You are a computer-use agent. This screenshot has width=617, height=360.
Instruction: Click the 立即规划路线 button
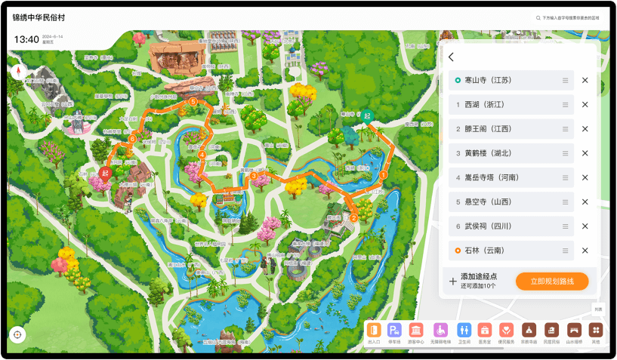pos(552,281)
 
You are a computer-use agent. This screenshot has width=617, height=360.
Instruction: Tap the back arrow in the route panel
pos(451,57)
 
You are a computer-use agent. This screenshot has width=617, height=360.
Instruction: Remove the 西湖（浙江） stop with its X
pos(585,104)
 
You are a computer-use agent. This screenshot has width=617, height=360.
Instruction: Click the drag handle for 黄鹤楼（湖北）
pos(565,153)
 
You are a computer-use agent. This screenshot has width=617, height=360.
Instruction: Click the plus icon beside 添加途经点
pos(453,281)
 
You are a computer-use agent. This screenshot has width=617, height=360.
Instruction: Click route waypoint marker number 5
pos(193,101)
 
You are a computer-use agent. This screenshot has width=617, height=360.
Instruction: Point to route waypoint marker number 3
pos(254,176)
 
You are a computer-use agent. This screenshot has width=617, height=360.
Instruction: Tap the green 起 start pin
pos(367,115)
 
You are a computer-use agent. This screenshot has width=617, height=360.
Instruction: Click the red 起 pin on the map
pos(105,172)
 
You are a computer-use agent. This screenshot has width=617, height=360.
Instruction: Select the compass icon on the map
pos(18,72)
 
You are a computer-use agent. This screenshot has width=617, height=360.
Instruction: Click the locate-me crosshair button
pos(17,334)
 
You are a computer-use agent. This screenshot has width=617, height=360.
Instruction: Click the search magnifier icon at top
pos(538,17)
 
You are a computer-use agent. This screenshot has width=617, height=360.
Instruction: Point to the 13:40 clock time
pos(26,39)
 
